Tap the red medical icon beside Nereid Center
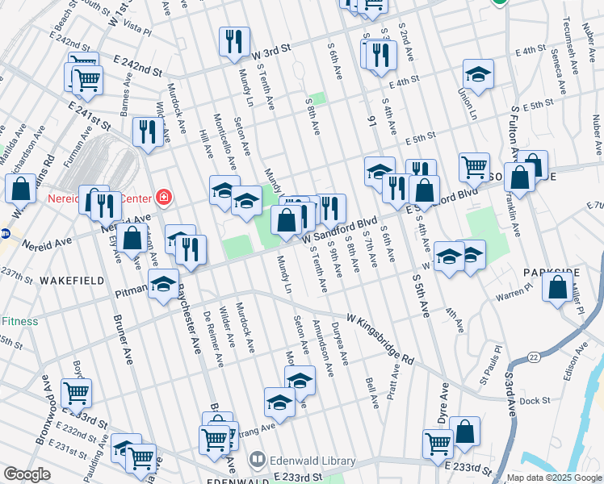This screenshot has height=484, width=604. (164, 196)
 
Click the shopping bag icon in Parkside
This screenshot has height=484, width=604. (557, 287)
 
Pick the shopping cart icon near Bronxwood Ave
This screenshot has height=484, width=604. (77, 393)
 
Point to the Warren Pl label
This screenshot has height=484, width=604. (511, 296)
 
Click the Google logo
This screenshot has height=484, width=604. (27, 474)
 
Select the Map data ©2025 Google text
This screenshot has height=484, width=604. (553, 478)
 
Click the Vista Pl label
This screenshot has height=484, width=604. (138, 30)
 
